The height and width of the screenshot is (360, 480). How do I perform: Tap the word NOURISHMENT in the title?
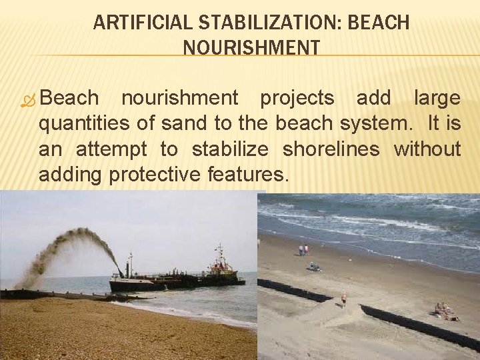(x=251, y=48)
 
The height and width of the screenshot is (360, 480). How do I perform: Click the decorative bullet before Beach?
(x=28, y=99)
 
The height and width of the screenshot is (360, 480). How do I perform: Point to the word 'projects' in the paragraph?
(x=297, y=98)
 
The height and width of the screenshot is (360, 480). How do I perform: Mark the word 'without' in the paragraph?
(x=427, y=149)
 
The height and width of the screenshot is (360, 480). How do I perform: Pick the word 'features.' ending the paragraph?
(x=249, y=174)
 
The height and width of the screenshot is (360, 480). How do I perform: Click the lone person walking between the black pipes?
(x=344, y=298)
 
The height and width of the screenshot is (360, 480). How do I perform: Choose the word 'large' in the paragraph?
(x=437, y=98)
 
